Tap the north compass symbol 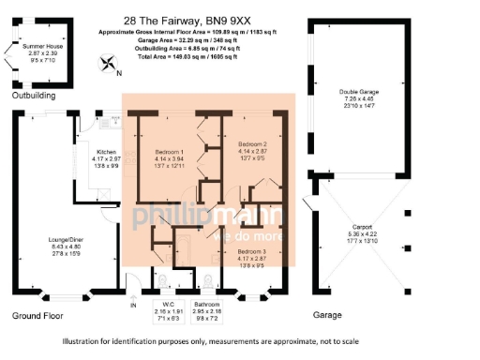(110, 66)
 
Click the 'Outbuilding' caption (33, 96)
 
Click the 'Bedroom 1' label (170, 152)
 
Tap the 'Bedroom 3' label (253, 253)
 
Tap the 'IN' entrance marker (132, 305)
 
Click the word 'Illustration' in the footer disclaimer (83, 341)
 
